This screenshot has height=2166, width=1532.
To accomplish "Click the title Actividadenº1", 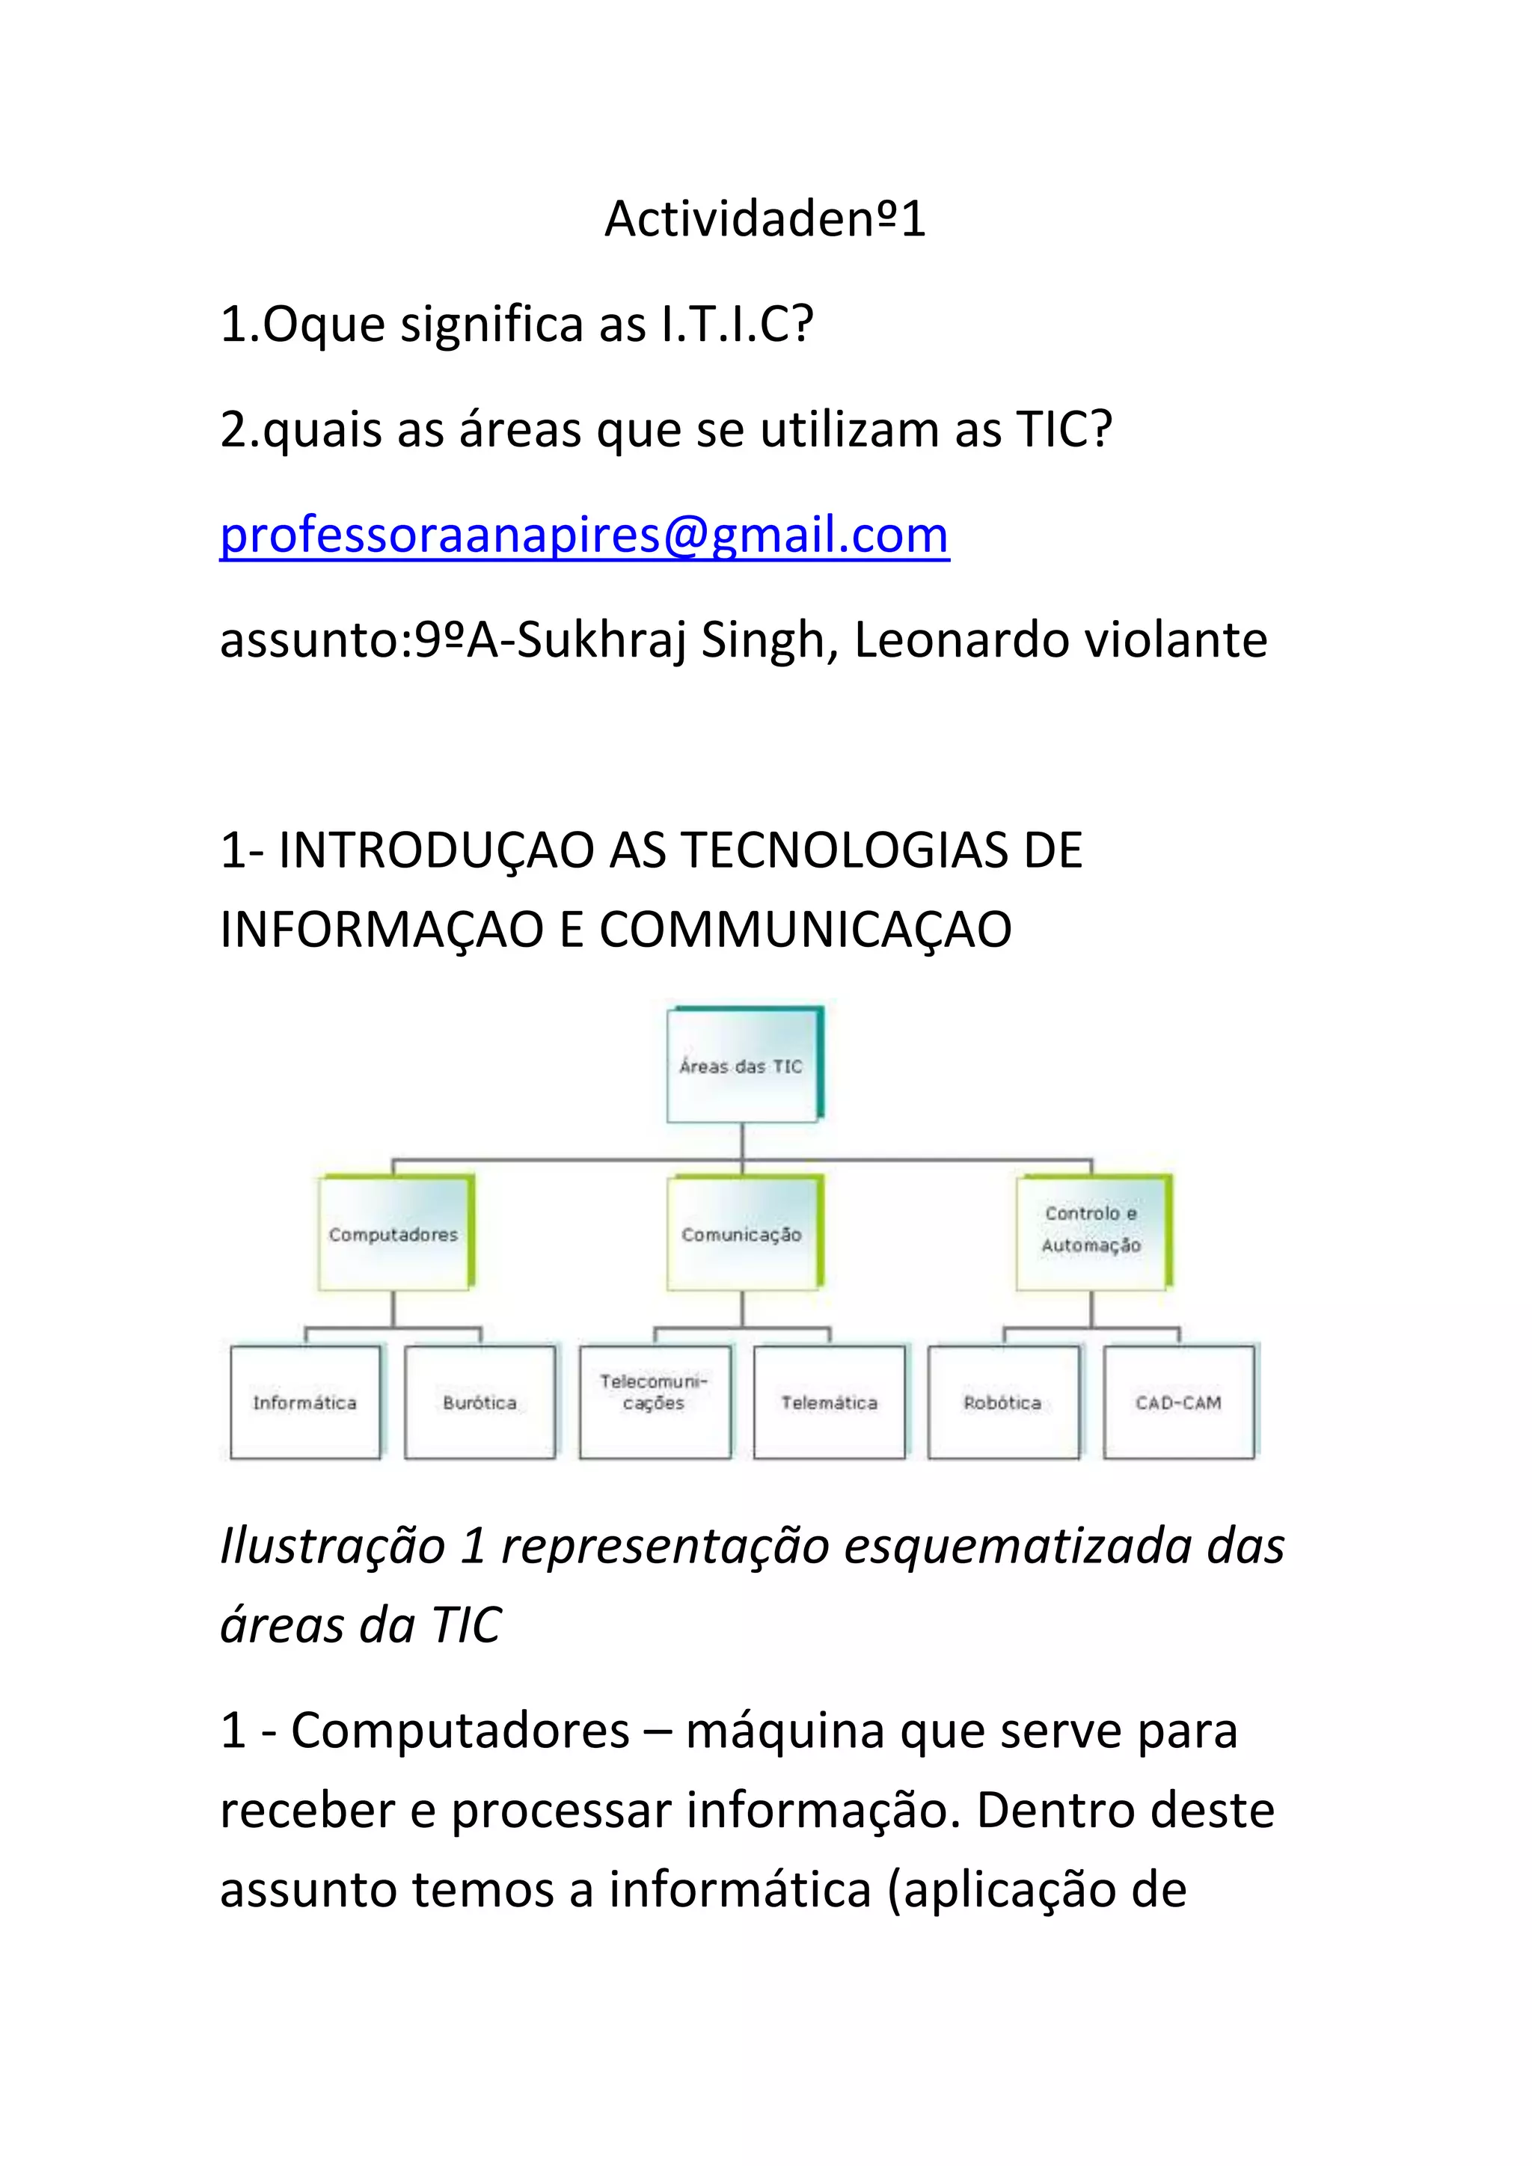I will point(765,219).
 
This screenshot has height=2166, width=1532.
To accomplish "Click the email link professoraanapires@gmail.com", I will point(584,535).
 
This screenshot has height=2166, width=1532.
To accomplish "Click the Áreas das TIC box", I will point(741,1066).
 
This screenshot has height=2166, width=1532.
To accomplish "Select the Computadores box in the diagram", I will point(393,1234).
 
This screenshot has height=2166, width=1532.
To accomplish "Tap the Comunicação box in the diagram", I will point(742,1234).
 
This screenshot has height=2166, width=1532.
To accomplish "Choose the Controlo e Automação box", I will point(1091,1230).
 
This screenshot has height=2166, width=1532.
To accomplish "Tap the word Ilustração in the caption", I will point(333,1546).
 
